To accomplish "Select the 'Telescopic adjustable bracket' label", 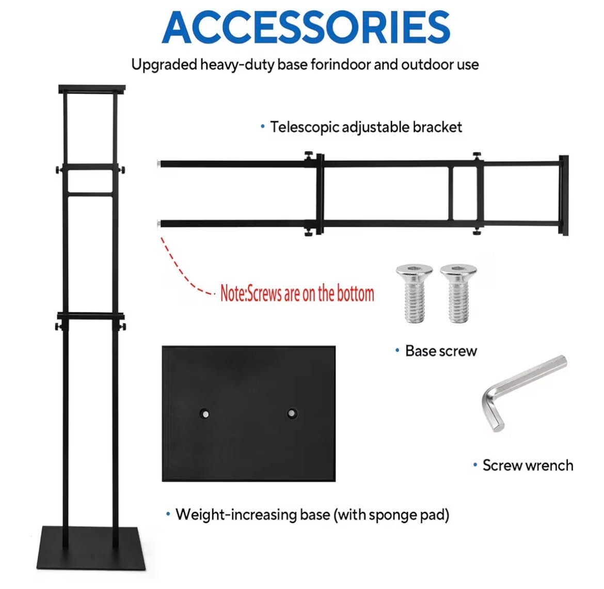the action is (365, 127).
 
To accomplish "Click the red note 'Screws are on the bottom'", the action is (297, 293).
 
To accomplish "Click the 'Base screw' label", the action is (440, 351).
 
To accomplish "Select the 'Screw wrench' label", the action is (527, 465).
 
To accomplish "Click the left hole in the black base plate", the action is (205, 413).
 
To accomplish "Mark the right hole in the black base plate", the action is (293, 413).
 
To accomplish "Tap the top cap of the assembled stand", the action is (92, 88).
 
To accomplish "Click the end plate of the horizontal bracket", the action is (563, 195).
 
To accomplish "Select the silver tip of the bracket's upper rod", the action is (157, 164).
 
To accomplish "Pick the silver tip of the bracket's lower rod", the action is (157, 224).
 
